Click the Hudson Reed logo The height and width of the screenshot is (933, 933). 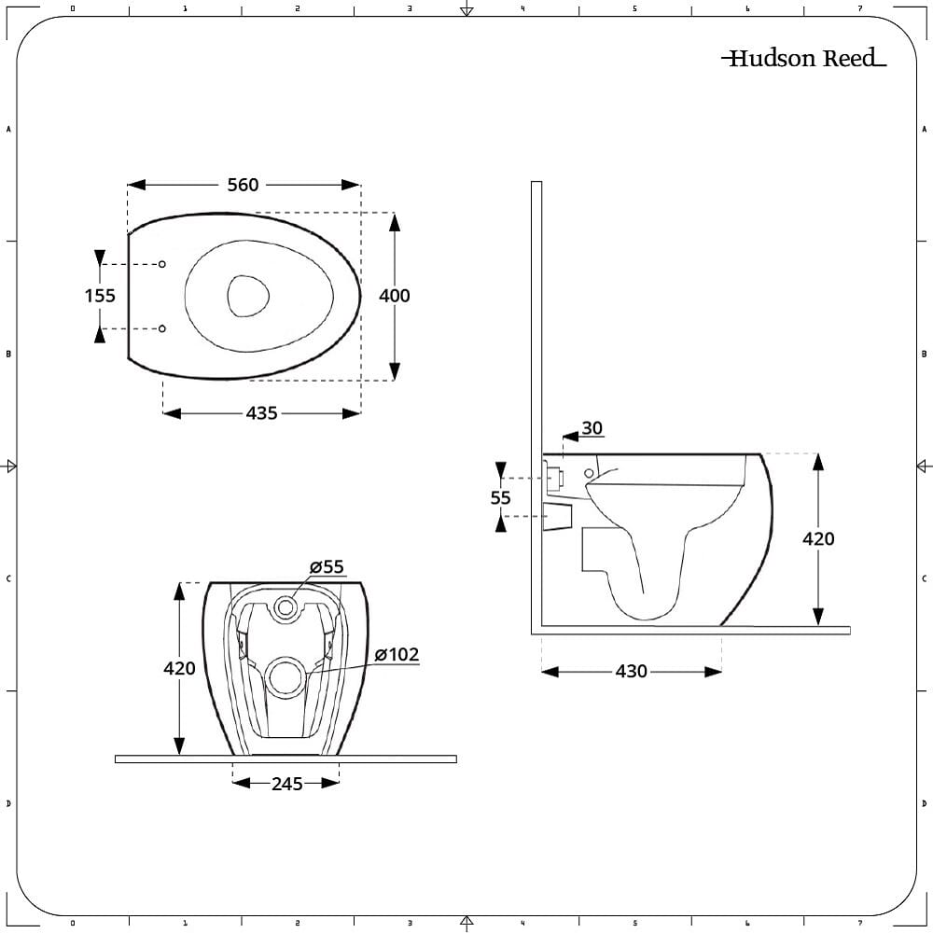[804, 58]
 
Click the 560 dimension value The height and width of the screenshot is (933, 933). [243, 185]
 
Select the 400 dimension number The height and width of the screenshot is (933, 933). [394, 296]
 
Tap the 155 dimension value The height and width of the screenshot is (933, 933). [100, 296]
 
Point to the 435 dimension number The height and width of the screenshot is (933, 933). [262, 413]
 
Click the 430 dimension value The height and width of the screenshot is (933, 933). [632, 671]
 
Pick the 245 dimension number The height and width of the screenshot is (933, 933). [287, 784]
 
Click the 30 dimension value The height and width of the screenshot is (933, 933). [592, 428]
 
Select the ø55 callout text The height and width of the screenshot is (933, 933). [327, 566]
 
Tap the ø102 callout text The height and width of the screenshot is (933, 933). [397, 655]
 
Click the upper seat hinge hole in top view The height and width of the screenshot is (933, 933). [161, 264]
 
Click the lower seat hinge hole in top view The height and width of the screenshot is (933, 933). [161, 328]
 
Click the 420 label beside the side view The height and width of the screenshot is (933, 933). [818, 538]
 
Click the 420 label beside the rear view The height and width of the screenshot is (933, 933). [179, 668]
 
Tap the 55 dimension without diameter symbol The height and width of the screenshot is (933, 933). [500, 497]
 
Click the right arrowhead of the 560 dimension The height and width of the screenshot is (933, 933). [351, 185]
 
